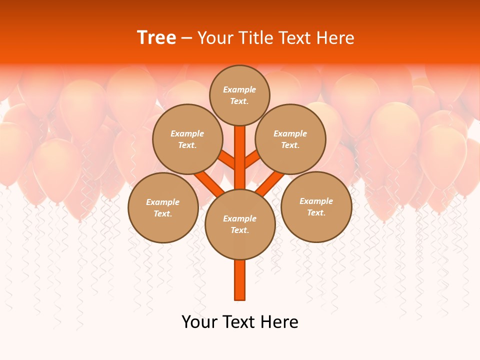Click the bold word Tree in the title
pos(156,38)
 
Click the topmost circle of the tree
pos(239,95)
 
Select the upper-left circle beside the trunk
pos(187,139)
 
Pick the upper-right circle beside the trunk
pos(290,139)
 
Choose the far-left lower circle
pos(163,207)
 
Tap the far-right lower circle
pos(316,206)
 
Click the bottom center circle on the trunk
pos(240,224)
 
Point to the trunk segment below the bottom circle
pos(240,280)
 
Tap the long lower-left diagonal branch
pos(209,184)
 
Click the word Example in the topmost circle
pos(239,89)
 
